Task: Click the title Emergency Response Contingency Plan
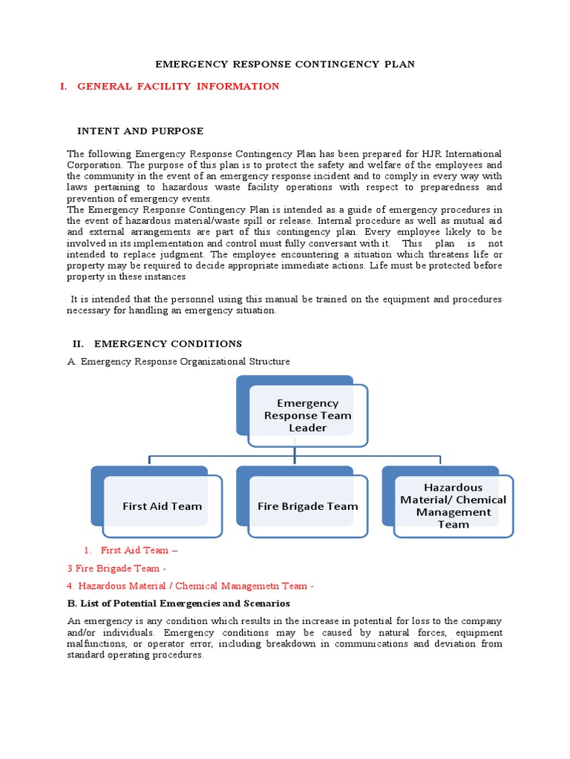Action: pyautogui.click(x=285, y=64)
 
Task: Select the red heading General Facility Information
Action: pyautogui.click(x=178, y=87)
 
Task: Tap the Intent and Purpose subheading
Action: pyautogui.click(x=140, y=131)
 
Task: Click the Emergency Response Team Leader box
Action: pyautogui.click(x=307, y=415)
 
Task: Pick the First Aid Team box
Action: pyautogui.click(x=162, y=506)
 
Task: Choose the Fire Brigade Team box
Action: pyautogui.click(x=307, y=506)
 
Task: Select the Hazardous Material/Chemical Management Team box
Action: pyautogui.click(x=453, y=506)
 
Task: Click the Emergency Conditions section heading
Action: pyautogui.click(x=167, y=344)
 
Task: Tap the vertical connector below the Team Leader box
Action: pyautogui.click(x=295, y=451)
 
